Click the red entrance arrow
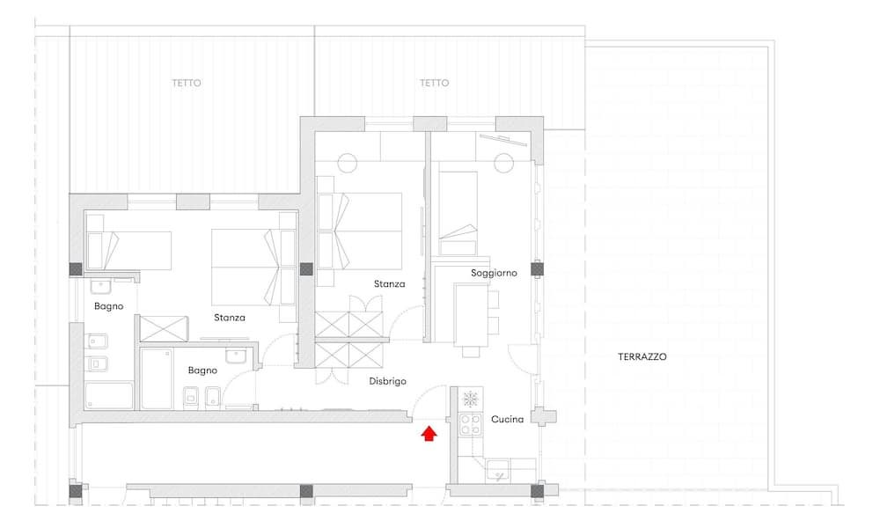click(x=429, y=434)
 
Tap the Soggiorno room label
click(x=494, y=274)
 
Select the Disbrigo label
click(x=387, y=382)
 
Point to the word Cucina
click(x=508, y=419)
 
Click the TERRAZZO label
click(x=642, y=356)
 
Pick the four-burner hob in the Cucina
click(x=470, y=425)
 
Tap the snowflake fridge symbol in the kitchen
click(x=470, y=399)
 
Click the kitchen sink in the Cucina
click(x=498, y=470)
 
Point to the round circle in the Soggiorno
click(x=504, y=164)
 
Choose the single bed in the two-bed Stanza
click(x=129, y=250)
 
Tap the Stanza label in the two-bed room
click(x=230, y=318)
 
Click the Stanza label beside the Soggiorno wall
click(x=390, y=284)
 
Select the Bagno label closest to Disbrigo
click(x=202, y=370)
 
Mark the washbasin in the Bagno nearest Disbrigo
click(x=237, y=356)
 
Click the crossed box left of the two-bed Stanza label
click(x=164, y=329)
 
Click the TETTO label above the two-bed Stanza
click(x=187, y=83)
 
